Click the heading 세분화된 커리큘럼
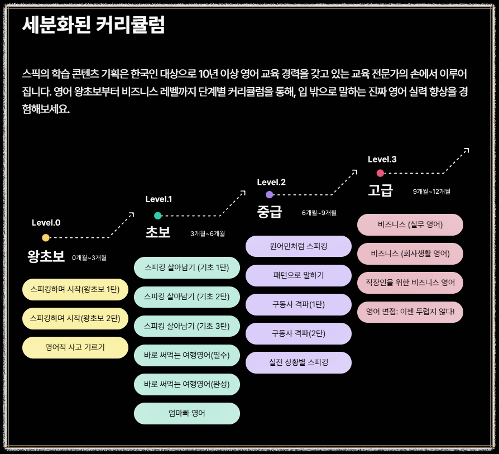pyautogui.click(x=94, y=25)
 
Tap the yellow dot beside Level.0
pyautogui.click(x=46, y=238)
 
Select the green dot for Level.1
pyautogui.click(x=158, y=216)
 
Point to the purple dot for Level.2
pyautogui.click(x=270, y=195)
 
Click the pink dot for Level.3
pyautogui.click(x=381, y=173)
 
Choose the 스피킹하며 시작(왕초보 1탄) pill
pyautogui.click(x=75, y=290)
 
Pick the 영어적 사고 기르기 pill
pyautogui.click(x=75, y=347)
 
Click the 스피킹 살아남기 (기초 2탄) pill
pyautogui.click(x=187, y=297)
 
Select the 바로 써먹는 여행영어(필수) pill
pyautogui.click(x=187, y=355)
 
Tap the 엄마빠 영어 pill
pyautogui.click(x=187, y=413)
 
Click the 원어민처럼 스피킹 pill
pyautogui.click(x=299, y=246)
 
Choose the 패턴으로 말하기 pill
pyautogui.click(x=299, y=275)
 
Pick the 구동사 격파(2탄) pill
pyautogui.click(x=299, y=333)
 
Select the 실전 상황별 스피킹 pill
pyautogui.click(x=299, y=362)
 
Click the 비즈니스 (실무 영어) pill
pyautogui.click(x=410, y=225)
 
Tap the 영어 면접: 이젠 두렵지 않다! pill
pyautogui.click(x=410, y=312)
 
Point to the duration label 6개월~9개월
pyautogui.click(x=319, y=213)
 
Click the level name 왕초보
pyautogui.click(x=46, y=256)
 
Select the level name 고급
pyautogui.click(x=381, y=190)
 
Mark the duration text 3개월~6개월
pyautogui.click(x=208, y=233)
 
